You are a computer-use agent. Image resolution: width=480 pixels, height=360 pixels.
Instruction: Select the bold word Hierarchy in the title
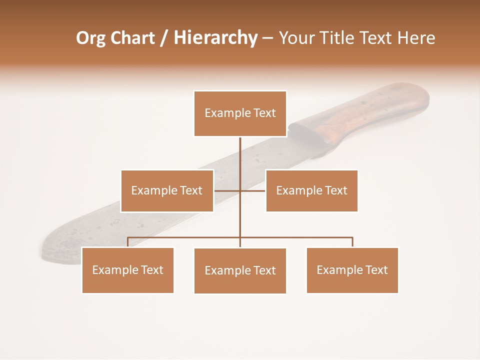[x=215, y=38]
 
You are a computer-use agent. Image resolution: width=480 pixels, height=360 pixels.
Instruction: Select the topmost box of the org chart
[x=240, y=113]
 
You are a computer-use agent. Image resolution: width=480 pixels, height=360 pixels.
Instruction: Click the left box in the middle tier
[x=167, y=190]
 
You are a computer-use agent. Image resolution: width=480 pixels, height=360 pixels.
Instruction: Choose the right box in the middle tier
[x=311, y=190]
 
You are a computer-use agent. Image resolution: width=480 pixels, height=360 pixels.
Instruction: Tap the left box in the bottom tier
[x=127, y=270]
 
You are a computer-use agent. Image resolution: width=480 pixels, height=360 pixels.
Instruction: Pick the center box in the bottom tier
[x=240, y=270]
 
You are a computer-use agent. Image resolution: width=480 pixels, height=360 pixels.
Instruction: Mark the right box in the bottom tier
[x=352, y=270]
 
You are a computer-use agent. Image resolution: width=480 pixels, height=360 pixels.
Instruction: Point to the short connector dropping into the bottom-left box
[x=127, y=242]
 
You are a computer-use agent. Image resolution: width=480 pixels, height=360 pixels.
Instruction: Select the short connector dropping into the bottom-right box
[x=352, y=242]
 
